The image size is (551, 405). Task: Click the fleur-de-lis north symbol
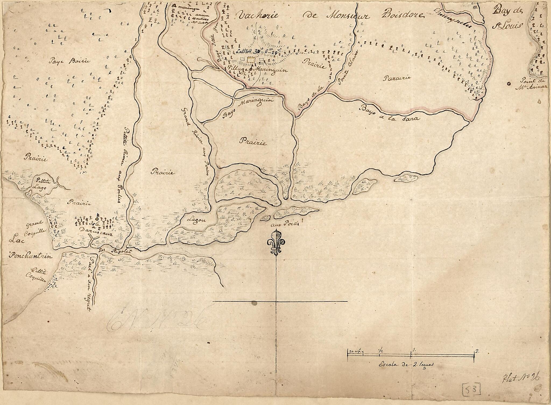pyautogui.click(x=276, y=243)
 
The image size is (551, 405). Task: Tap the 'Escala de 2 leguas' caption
pyautogui.click(x=407, y=365)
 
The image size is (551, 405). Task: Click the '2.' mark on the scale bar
pyautogui.click(x=477, y=351)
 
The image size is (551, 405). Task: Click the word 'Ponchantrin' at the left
pyautogui.click(x=30, y=256)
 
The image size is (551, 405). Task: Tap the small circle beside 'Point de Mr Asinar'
pyautogui.click(x=508, y=84)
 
